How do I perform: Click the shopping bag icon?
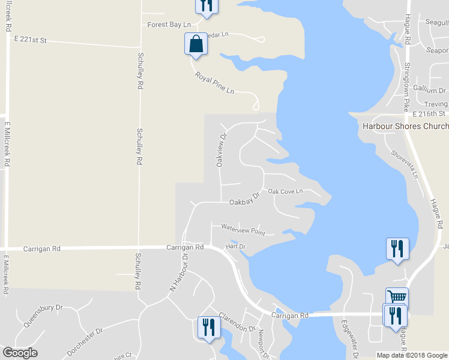[196, 44]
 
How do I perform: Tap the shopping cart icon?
[397, 296]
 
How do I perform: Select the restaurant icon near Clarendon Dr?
[208, 328]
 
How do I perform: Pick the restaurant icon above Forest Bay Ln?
[206, 5]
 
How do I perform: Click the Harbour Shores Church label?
[405, 126]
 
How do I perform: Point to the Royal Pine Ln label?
[214, 83]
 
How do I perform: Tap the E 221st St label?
[31, 40]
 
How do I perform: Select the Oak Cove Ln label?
[286, 191]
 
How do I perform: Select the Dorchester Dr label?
[85, 339]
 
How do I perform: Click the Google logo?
[20, 353]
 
